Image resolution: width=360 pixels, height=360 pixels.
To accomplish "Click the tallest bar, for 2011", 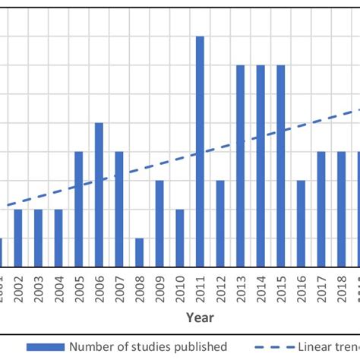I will tap(200, 152).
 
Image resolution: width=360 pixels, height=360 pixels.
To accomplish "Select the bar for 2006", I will tap(99, 194).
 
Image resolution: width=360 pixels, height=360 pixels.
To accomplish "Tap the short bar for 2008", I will tap(139, 252).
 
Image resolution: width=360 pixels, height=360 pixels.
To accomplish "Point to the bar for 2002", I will tap(18, 238).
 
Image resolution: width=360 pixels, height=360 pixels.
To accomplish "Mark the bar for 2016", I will tap(301, 223).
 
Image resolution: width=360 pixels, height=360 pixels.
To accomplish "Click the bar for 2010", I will tap(180, 238).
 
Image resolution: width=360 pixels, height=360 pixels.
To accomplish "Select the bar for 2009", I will tap(159, 223).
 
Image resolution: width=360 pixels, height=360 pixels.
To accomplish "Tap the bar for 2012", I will tap(220, 223).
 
